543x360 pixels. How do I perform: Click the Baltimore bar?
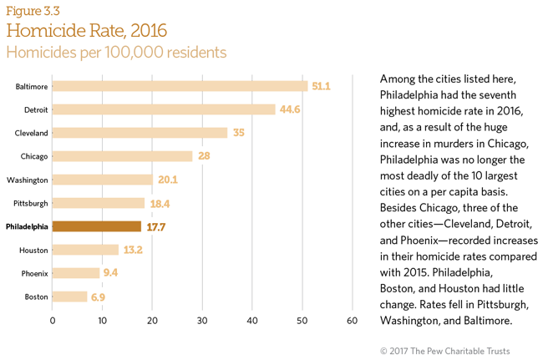pyautogui.click(x=180, y=86)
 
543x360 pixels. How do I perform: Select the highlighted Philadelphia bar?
pyautogui.click(x=96, y=226)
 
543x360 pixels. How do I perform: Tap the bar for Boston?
pyautogui.click(x=69, y=297)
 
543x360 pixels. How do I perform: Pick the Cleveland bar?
pyautogui.click(x=140, y=133)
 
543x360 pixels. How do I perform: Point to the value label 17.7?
pyautogui.click(x=156, y=226)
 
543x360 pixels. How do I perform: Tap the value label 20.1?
pyautogui.click(x=168, y=180)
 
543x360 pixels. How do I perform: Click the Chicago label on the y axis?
pyautogui.click(x=33, y=156)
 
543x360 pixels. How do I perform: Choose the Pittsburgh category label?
pyautogui.click(x=28, y=203)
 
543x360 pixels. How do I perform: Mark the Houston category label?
pyautogui.click(x=33, y=250)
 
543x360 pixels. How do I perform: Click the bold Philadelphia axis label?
pyautogui.click(x=27, y=226)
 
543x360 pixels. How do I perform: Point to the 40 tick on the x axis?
pyautogui.click(x=252, y=321)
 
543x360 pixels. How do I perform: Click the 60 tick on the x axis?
pyautogui.click(x=353, y=321)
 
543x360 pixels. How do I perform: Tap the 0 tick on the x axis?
pyautogui.click(x=53, y=321)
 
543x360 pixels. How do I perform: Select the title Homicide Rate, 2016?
pyautogui.click(x=87, y=31)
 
